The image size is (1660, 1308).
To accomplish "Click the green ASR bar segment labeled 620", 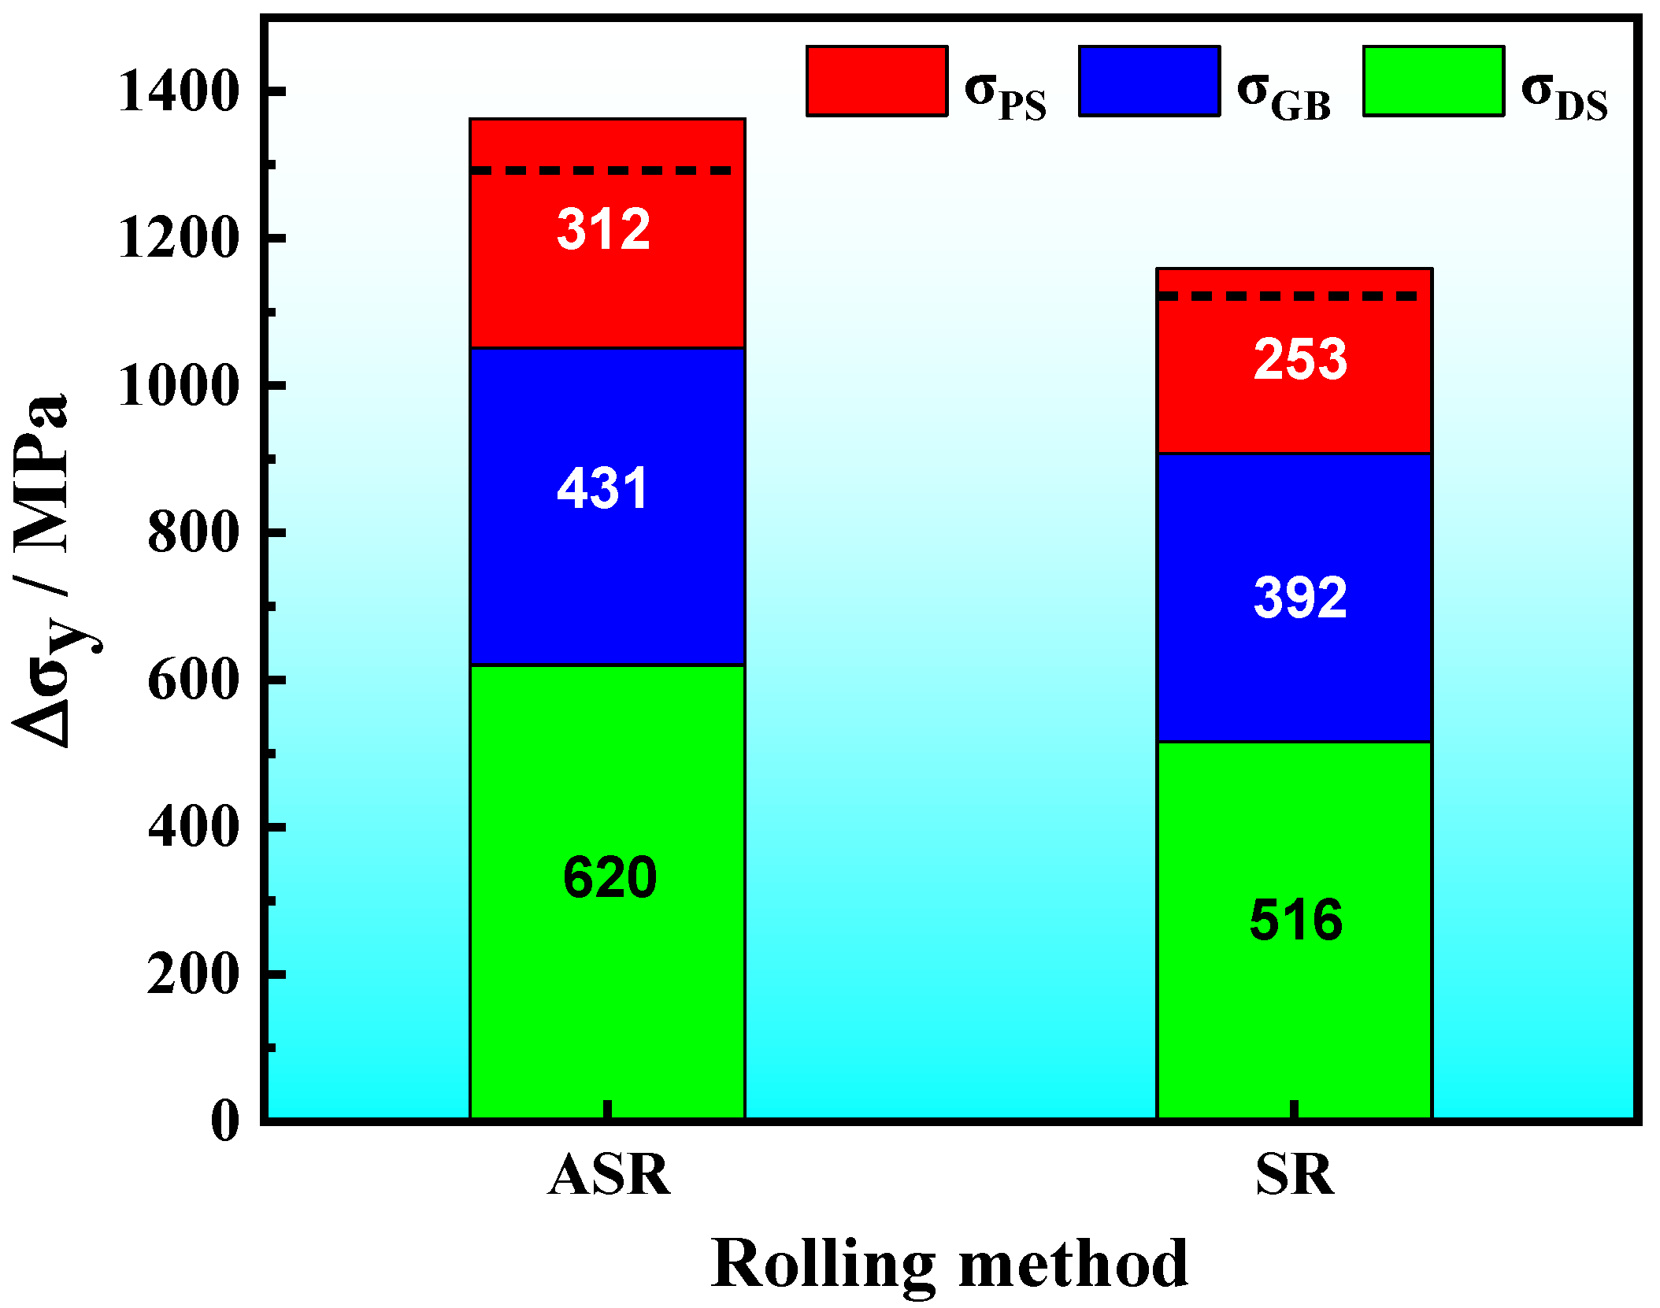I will coord(607,891).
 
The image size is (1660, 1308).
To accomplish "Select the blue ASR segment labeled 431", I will coord(607,506).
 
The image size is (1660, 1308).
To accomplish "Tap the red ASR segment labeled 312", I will coord(607,260).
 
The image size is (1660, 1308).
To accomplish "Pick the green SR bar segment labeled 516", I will coord(1294,929).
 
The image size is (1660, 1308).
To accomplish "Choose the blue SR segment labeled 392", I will coord(1294,597).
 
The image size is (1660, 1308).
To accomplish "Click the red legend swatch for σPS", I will coord(876,81).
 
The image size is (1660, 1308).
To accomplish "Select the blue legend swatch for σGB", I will coord(1149,81).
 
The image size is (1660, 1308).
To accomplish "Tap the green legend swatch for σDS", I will coord(1433,81).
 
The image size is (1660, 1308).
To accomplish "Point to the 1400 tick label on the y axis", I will coord(178,92).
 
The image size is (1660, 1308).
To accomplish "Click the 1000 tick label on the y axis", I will coord(178,386).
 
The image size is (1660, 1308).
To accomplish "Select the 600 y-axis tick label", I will coord(193,680).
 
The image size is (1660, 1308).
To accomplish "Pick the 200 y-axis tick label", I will coord(193,975).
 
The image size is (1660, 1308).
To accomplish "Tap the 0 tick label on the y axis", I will coord(225,1121).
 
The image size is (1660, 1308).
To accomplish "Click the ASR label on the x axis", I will coord(609,1175).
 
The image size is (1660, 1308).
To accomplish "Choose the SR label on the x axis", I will coord(1295,1175).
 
